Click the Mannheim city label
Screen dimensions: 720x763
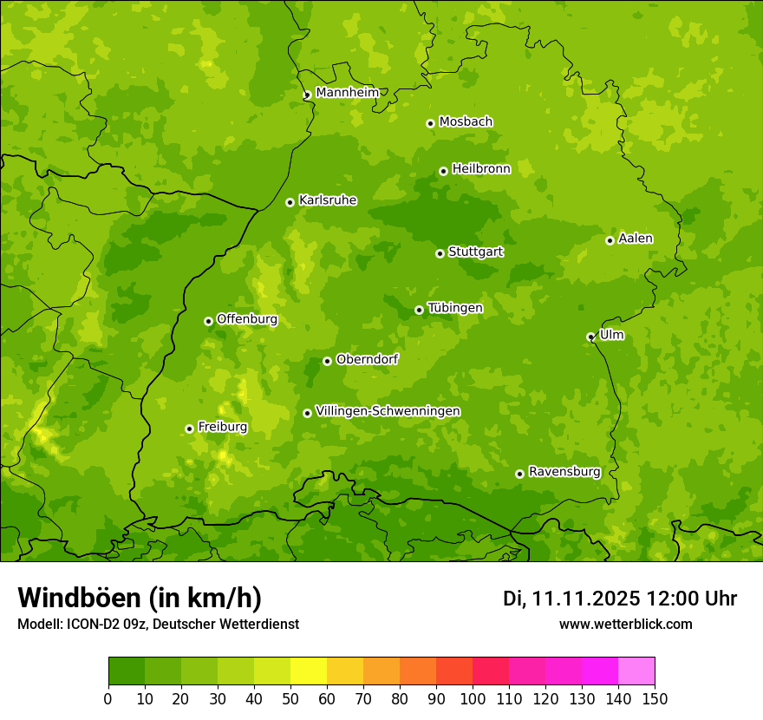point(347,93)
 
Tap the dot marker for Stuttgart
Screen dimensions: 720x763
point(440,253)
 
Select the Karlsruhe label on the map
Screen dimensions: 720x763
point(327,200)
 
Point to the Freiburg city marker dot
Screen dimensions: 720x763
point(189,429)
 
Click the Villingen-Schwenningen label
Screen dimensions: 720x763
point(388,411)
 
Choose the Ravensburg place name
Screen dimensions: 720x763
point(564,472)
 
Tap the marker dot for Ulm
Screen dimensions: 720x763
point(590,337)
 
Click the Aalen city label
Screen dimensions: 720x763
point(635,239)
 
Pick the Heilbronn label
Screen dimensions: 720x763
point(480,169)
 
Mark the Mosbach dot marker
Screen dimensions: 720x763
point(430,123)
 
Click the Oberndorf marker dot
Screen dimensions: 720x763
point(327,361)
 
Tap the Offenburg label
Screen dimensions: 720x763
point(246,319)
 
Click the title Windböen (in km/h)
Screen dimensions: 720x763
point(139,598)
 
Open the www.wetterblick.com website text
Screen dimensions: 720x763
point(625,624)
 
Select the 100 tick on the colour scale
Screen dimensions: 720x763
point(473,698)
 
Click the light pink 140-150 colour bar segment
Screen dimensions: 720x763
point(636,671)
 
